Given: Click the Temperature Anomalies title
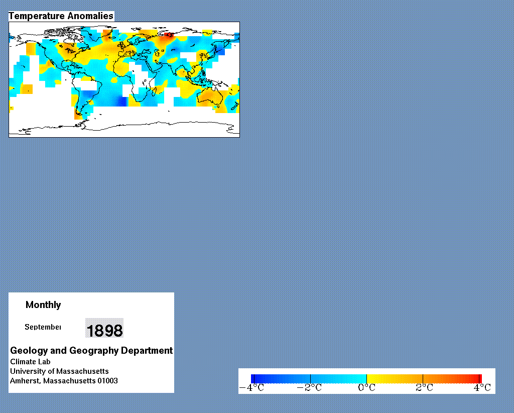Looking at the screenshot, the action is coord(61,16).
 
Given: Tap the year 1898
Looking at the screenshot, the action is coord(104,330).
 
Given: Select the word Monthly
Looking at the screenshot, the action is coord(43,305).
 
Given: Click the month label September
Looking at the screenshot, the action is coord(43,327).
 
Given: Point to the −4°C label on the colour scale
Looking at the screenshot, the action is coord(251,388).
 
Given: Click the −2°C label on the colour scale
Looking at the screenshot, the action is coord(309,388).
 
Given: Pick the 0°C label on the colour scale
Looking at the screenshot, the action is coord(366,388).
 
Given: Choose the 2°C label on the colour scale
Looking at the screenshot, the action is coord(424,388).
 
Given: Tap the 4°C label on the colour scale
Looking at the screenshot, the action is coord(482,388).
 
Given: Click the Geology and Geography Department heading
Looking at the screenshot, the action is coord(91,351).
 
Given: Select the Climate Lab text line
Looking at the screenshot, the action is coord(30,362).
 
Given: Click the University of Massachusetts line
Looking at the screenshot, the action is coord(59,371).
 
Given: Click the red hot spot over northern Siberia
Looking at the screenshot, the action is coord(169,35).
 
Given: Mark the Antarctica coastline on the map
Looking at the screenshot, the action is coord(124,126).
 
